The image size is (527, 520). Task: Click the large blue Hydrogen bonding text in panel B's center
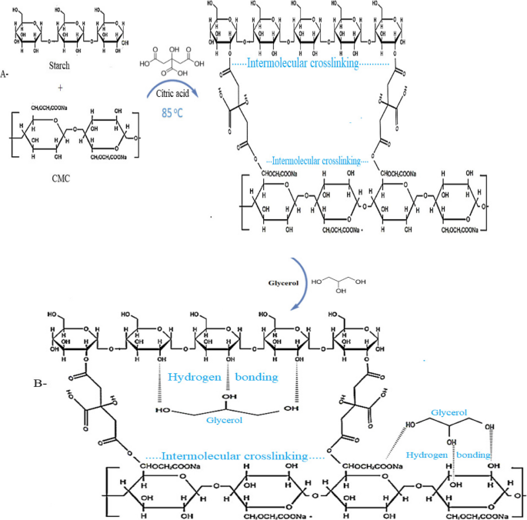point(223,378)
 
